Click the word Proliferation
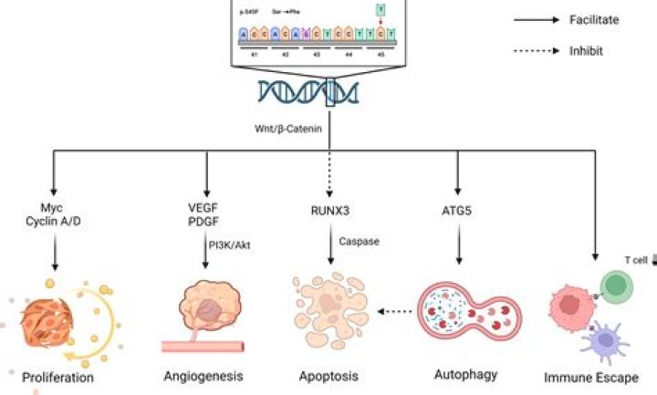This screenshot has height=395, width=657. coord(58,375)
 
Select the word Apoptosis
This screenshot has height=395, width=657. coord(328,375)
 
